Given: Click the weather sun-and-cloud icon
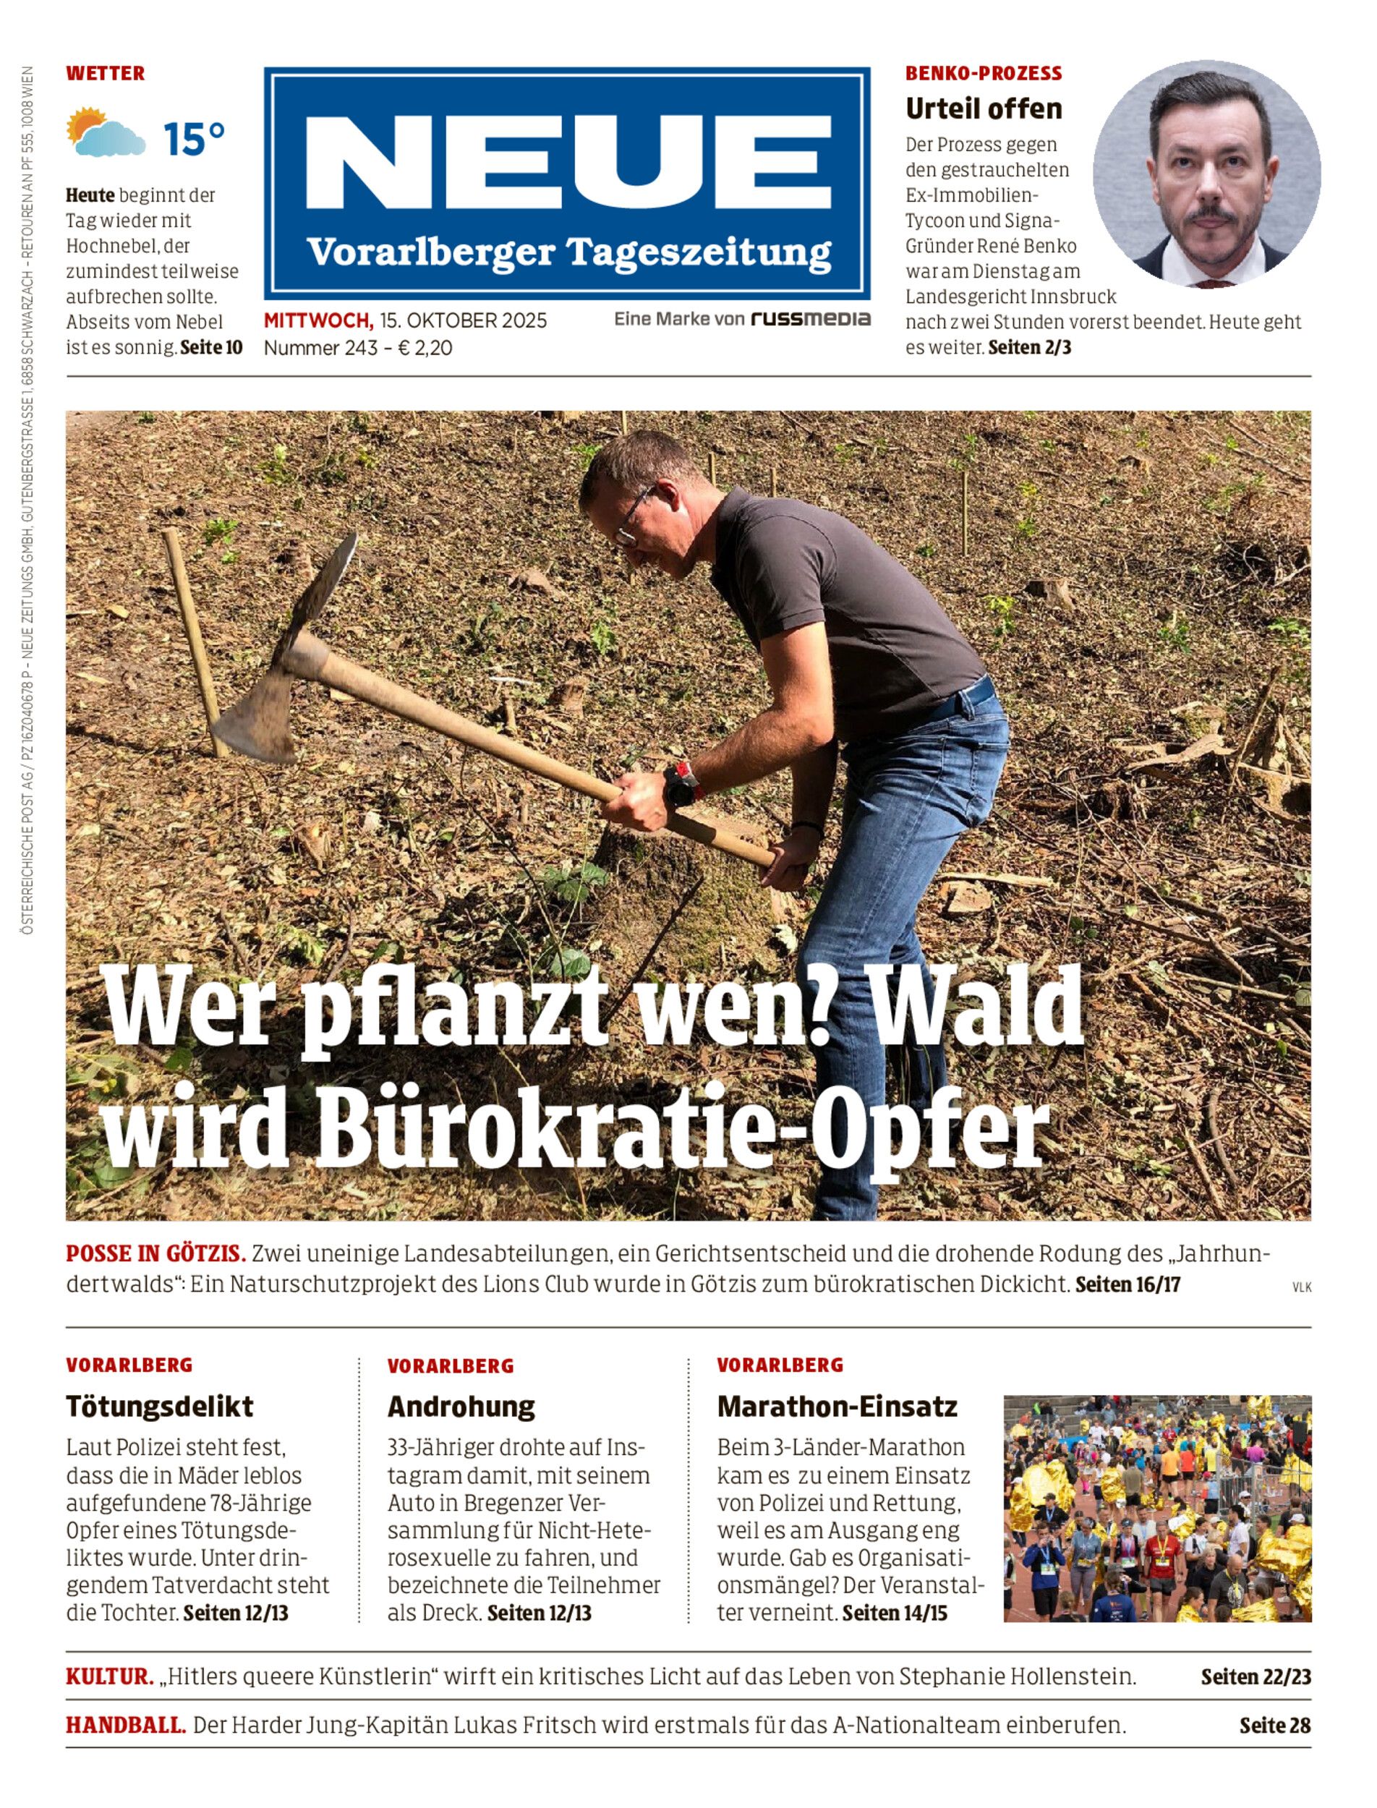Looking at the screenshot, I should click(106, 134).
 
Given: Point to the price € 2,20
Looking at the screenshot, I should click(425, 349).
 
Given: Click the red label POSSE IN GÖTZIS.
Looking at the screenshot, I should click(155, 1253).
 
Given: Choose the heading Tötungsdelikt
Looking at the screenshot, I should click(159, 1407).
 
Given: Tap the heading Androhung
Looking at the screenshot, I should click(461, 1407).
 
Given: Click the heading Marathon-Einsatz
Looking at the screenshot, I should click(837, 1407).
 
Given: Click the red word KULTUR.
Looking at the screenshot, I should click(110, 1677).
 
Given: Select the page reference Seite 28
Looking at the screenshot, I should click(1274, 1726).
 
